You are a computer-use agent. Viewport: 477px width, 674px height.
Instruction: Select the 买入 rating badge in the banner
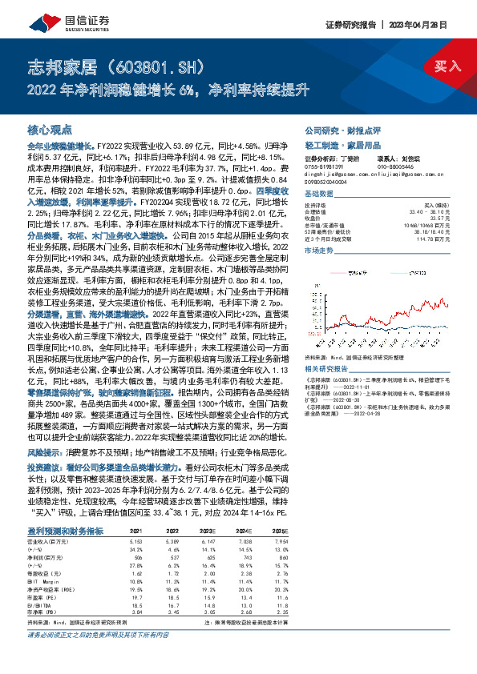446,67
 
